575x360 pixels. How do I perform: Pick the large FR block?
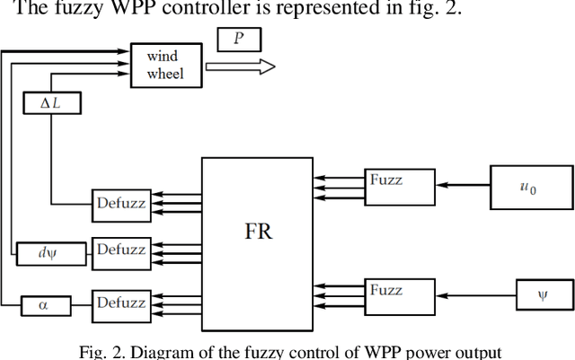click(x=257, y=230)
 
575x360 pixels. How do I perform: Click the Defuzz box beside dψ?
click(x=119, y=251)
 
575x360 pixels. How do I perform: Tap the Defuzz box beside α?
click(x=119, y=303)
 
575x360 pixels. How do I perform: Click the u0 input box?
click(x=530, y=186)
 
